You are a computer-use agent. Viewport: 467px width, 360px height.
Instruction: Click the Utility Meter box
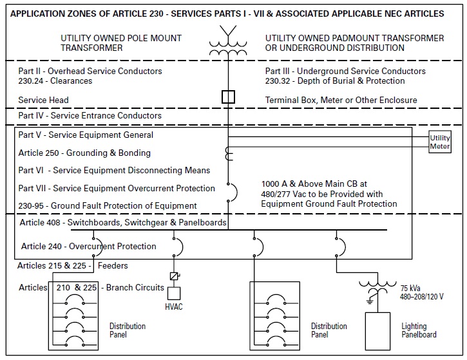pyautogui.click(x=441, y=142)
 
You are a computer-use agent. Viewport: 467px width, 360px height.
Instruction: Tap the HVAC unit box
pyautogui.click(x=174, y=294)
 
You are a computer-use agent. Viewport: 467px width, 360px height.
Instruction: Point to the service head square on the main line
pyautogui.click(x=228, y=97)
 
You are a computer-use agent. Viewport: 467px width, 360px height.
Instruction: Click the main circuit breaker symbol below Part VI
pyautogui.click(x=230, y=191)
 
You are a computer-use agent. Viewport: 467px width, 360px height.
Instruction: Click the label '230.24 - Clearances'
pyautogui.click(x=55, y=81)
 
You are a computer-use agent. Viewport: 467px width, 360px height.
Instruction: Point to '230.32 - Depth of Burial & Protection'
pyautogui.click(x=335, y=81)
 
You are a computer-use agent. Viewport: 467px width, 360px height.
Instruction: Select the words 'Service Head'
pyautogui.click(x=43, y=100)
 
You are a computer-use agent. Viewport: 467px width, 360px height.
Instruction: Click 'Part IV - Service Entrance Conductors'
pyautogui.click(x=90, y=116)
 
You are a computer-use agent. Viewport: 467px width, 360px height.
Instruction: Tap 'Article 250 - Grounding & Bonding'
pyautogui.click(x=84, y=153)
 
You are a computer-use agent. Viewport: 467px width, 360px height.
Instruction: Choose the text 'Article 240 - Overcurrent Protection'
pyautogui.click(x=88, y=246)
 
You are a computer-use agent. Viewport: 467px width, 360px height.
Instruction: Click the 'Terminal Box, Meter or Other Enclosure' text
pyautogui.click(x=341, y=100)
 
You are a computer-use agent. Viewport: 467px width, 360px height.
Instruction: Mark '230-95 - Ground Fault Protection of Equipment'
pyautogui.click(x=108, y=205)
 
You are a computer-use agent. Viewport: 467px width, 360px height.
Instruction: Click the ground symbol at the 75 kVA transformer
pyautogui.click(x=370, y=300)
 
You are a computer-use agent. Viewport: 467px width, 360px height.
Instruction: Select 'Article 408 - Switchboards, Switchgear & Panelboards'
pyautogui.click(x=123, y=223)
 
